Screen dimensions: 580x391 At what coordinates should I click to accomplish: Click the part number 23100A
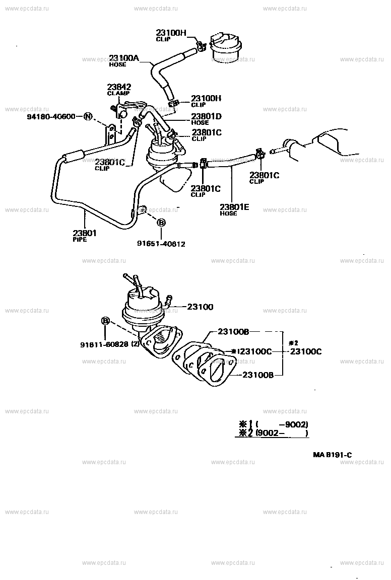point(124,58)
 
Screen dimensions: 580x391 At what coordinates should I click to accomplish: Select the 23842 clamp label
point(119,87)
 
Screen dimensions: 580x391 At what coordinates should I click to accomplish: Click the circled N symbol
point(88,117)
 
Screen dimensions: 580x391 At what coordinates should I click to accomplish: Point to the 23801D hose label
point(206,116)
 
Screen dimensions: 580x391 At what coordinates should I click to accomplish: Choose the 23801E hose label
point(235,206)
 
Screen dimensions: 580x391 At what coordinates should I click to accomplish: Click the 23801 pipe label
point(84,233)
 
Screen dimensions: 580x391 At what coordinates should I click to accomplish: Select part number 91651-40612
point(161,244)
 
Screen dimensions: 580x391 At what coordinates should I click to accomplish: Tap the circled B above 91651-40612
point(161,223)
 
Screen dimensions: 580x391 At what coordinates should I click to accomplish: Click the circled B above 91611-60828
point(106,321)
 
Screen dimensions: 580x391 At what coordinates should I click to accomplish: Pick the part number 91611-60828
point(105,344)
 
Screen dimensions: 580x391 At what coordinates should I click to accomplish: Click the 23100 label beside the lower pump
point(201,307)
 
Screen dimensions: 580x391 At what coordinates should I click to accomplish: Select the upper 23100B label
point(234,332)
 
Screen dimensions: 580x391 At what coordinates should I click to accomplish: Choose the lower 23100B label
point(258,375)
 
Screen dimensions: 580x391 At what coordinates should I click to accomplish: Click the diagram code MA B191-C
point(332,455)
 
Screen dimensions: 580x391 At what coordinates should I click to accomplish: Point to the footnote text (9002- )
point(282,433)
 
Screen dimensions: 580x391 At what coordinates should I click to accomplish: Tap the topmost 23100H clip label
point(171,34)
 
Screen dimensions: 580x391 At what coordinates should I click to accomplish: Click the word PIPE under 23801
point(80,240)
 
